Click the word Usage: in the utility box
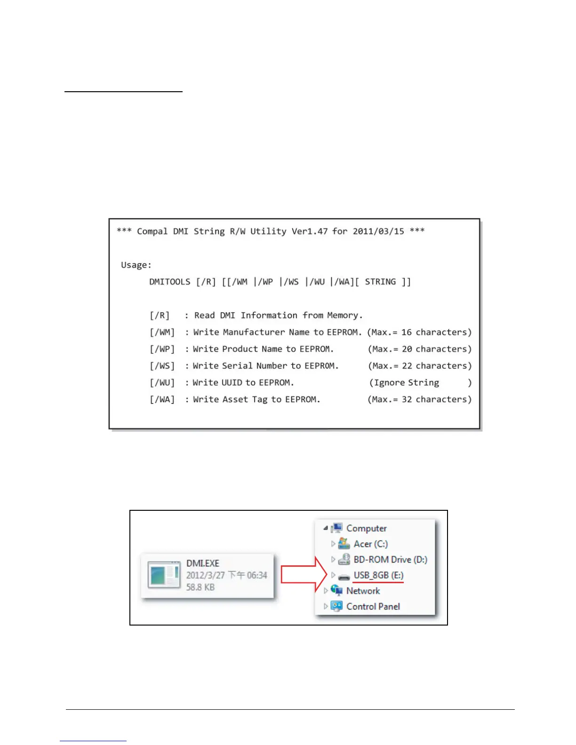136,265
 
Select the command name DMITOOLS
169,282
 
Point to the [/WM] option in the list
162,333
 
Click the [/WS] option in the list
162,366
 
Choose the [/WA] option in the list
162,399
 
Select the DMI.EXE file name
203,563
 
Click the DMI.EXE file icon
164,574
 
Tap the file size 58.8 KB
200,587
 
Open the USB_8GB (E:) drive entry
378,575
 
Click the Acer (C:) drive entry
370,544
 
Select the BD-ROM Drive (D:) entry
390,560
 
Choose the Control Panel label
373,607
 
